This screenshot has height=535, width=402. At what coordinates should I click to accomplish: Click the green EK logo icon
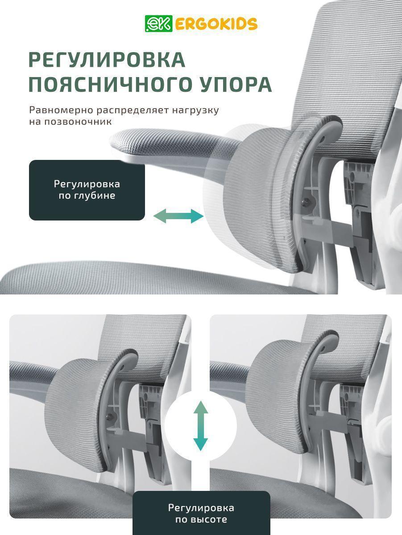coord(159,24)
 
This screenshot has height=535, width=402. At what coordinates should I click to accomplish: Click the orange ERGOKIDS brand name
coord(216,24)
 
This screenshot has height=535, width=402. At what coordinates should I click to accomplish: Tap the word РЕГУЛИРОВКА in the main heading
coord(107,60)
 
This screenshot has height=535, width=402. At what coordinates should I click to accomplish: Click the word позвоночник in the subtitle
coord(79,122)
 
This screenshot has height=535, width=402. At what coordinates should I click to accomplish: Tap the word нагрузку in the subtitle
coord(195,110)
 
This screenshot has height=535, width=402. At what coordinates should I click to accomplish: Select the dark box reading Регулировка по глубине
coord(87,190)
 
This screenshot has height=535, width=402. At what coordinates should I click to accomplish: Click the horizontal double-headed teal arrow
coord(178,216)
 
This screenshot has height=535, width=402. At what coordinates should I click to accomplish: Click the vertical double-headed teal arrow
coord(201,426)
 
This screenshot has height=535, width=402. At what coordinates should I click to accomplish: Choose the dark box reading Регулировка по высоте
coord(201,513)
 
